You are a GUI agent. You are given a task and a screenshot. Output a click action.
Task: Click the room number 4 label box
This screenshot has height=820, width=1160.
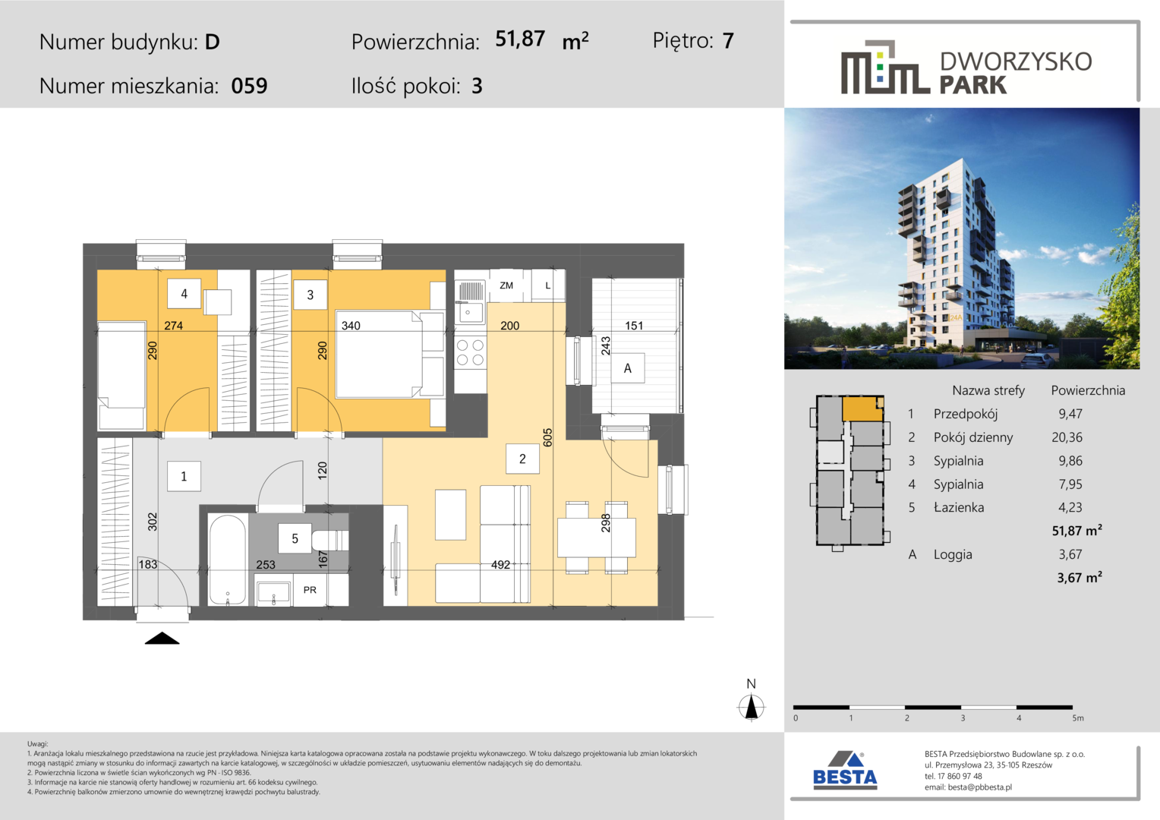[184, 294]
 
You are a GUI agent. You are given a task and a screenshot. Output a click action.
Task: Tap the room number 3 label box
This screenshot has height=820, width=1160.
[310, 295]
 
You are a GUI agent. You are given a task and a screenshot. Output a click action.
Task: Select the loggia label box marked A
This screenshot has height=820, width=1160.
[628, 368]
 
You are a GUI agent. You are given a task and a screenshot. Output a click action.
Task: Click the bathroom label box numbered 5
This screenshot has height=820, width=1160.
[295, 539]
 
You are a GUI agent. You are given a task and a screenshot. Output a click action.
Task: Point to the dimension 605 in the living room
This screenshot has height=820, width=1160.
[548, 438]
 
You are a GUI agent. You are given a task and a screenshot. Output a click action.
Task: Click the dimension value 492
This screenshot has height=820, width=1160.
[501, 565]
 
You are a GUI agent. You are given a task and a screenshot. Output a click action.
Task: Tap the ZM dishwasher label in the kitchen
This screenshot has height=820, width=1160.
[506, 285]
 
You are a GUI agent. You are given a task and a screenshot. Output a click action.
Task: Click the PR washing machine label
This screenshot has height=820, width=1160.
[310, 589]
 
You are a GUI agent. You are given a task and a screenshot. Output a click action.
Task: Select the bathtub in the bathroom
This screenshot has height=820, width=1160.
[227, 560]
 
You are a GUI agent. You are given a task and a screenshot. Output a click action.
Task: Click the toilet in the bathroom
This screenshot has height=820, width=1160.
[330, 541]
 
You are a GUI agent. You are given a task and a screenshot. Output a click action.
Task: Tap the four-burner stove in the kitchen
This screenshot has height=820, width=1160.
[471, 352]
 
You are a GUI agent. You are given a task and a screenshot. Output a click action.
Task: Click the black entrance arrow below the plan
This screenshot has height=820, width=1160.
[162, 639]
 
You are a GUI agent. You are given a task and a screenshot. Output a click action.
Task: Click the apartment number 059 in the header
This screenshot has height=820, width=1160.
[249, 86]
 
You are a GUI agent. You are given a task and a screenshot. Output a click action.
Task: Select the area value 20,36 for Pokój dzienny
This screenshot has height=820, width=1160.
[1067, 438]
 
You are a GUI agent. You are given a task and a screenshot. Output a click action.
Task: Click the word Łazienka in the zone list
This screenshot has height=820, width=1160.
[959, 508]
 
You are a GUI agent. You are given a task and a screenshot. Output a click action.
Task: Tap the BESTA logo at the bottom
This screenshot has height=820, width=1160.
[845, 771]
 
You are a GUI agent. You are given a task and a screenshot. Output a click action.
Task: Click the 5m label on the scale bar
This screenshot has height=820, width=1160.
[1078, 718]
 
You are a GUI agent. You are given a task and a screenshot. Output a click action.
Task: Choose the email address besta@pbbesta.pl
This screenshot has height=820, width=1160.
[980, 787]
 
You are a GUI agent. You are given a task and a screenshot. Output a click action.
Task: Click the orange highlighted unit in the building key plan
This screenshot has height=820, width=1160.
[862, 409]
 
